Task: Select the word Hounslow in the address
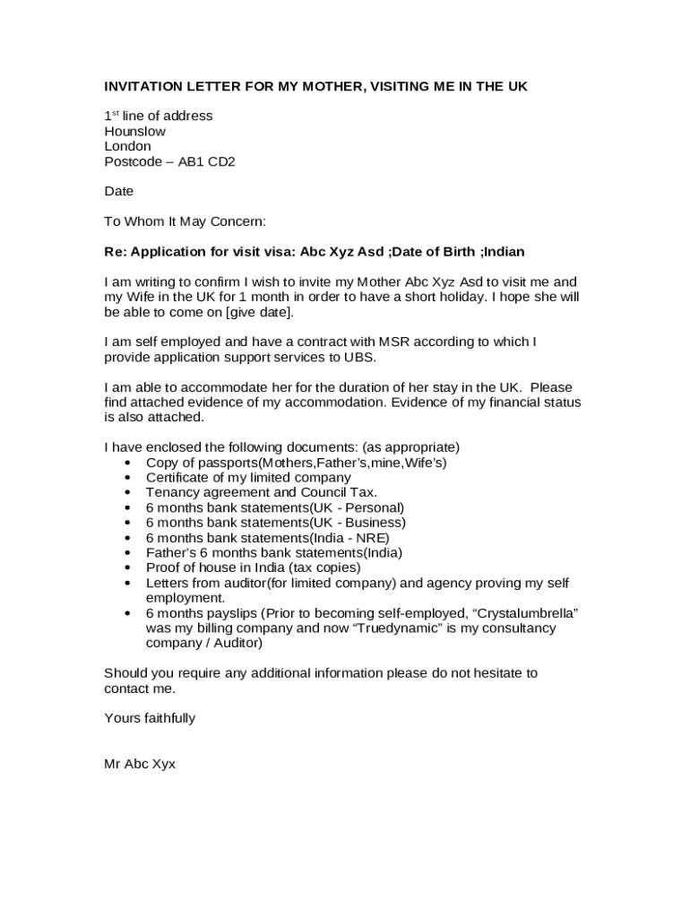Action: click(x=134, y=131)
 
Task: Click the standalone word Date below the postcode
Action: click(x=118, y=191)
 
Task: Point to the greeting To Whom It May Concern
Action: click(x=185, y=221)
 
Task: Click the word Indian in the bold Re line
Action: click(x=504, y=251)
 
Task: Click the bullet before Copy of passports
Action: click(x=127, y=463)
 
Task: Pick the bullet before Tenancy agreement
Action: click(x=127, y=492)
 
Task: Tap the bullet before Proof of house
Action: click(x=127, y=567)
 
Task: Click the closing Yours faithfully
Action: click(x=150, y=718)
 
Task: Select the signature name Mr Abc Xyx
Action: click(x=140, y=764)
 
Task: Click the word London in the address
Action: click(x=127, y=146)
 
